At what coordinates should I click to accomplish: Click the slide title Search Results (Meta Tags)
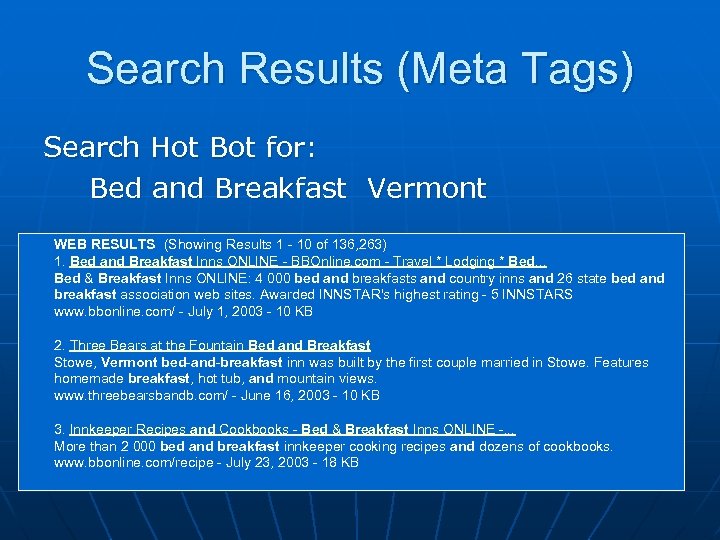pyautogui.click(x=360, y=69)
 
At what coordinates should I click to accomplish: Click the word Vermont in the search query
pyautogui.click(x=426, y=188)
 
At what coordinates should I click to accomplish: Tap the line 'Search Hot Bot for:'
pyautogui.click(x=180, y=148)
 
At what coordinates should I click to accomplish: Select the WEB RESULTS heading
pyautogui.click(x=104, y=244)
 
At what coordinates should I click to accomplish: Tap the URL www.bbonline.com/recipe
pyautogui.click(x=115, y=463)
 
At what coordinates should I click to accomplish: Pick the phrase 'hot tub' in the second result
pyautogui.click(x=218, y=379)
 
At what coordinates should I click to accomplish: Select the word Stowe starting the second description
pyautogui.click(x=72, y=362)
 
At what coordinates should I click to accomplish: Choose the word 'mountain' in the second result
pyautogui.click(x=307, y=379)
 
